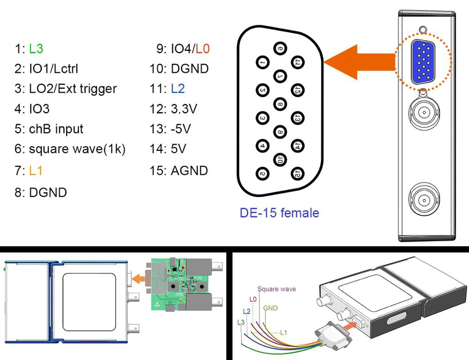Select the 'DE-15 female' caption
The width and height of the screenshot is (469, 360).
(x=279, y=213)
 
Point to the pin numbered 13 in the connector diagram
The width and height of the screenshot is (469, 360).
(x=298, y=117)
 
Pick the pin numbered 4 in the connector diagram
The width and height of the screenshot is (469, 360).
(x=262, y=145)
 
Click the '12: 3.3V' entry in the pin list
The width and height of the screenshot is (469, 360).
(x=174, y=109)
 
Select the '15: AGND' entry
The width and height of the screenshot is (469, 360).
(x=178, y=170)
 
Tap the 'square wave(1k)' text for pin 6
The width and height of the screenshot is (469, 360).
(x=77, y=149)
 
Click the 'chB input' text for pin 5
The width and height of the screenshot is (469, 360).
(x=56, y=129)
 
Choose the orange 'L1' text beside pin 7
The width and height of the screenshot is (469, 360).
(x=36, y=170)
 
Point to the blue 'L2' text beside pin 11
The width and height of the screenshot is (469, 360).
(x=178, y=89)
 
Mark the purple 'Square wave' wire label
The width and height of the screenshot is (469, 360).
(x=277, y=289)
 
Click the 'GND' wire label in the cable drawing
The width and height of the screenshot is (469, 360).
(x=271, y=308)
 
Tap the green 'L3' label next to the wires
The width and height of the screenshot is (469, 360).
(x=241, y=322)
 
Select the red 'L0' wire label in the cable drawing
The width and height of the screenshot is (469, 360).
(x=253, y=299)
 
